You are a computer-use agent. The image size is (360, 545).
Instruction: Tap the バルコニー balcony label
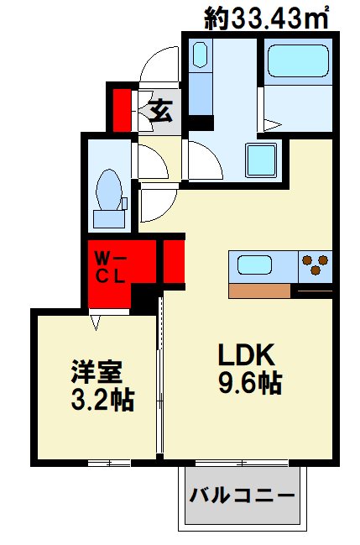coord(241,494)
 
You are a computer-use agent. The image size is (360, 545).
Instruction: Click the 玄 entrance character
coord(159,110)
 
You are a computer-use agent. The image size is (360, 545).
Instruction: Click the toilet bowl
coord(108,187)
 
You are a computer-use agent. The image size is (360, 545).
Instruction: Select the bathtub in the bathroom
coord(297,62)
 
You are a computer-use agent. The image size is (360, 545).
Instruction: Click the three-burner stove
coord(315,266)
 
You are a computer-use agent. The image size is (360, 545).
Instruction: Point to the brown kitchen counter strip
coord(259,291)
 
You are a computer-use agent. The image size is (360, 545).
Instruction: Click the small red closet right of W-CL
coord(175,261)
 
